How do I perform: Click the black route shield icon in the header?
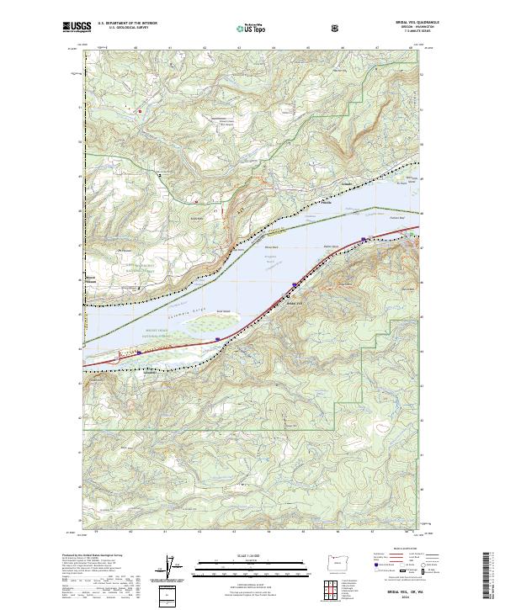336,28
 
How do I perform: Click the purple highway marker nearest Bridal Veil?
294,284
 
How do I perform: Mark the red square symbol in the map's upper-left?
141,109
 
